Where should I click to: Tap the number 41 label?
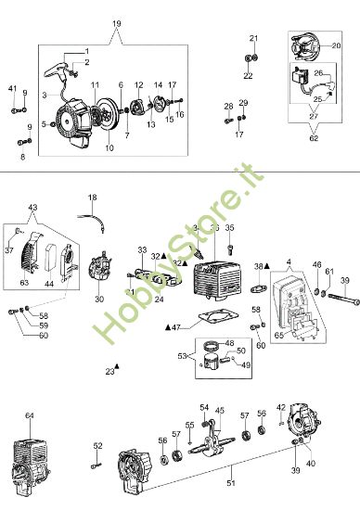[13, 88]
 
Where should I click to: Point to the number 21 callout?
[252, 37]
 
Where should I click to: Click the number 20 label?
[336, 45]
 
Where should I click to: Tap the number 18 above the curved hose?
[92, 198]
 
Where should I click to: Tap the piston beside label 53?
[214, 357]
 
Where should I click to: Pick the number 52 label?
[97, 446]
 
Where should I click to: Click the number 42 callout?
[281, 433]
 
